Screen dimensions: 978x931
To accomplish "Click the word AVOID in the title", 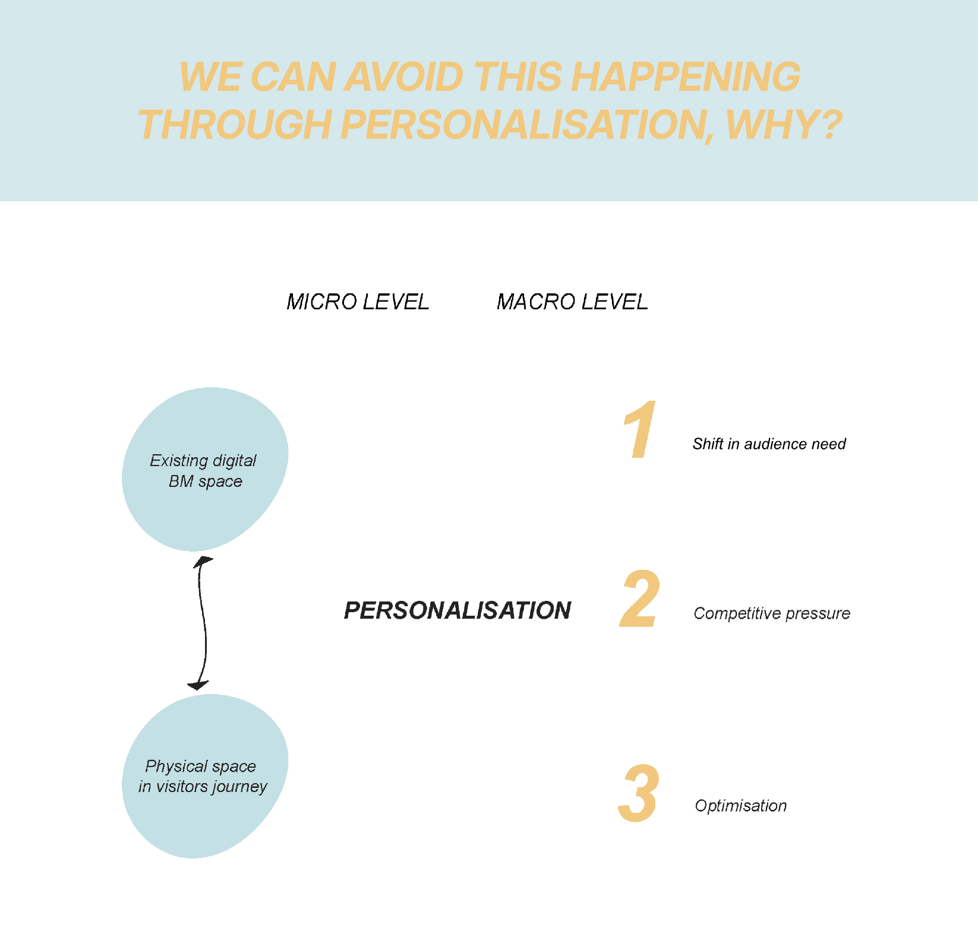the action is click(403, 77).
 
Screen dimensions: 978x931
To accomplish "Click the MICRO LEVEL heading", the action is click(358, 302).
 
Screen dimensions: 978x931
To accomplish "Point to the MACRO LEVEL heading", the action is click(572, 302).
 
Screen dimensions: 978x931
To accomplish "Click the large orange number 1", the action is click(640, 430).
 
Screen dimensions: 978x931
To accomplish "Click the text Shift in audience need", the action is click(769, 444).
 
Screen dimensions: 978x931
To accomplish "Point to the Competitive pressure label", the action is click(772, 613).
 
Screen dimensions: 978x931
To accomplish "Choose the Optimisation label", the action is click(741, 806).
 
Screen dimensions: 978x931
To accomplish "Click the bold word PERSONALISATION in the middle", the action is click(458, 610).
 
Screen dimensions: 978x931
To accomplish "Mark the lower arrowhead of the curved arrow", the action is click(198, 686).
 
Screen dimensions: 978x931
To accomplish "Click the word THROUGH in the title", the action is click(234, 125).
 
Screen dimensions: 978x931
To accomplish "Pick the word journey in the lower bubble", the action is click(241, 787).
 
